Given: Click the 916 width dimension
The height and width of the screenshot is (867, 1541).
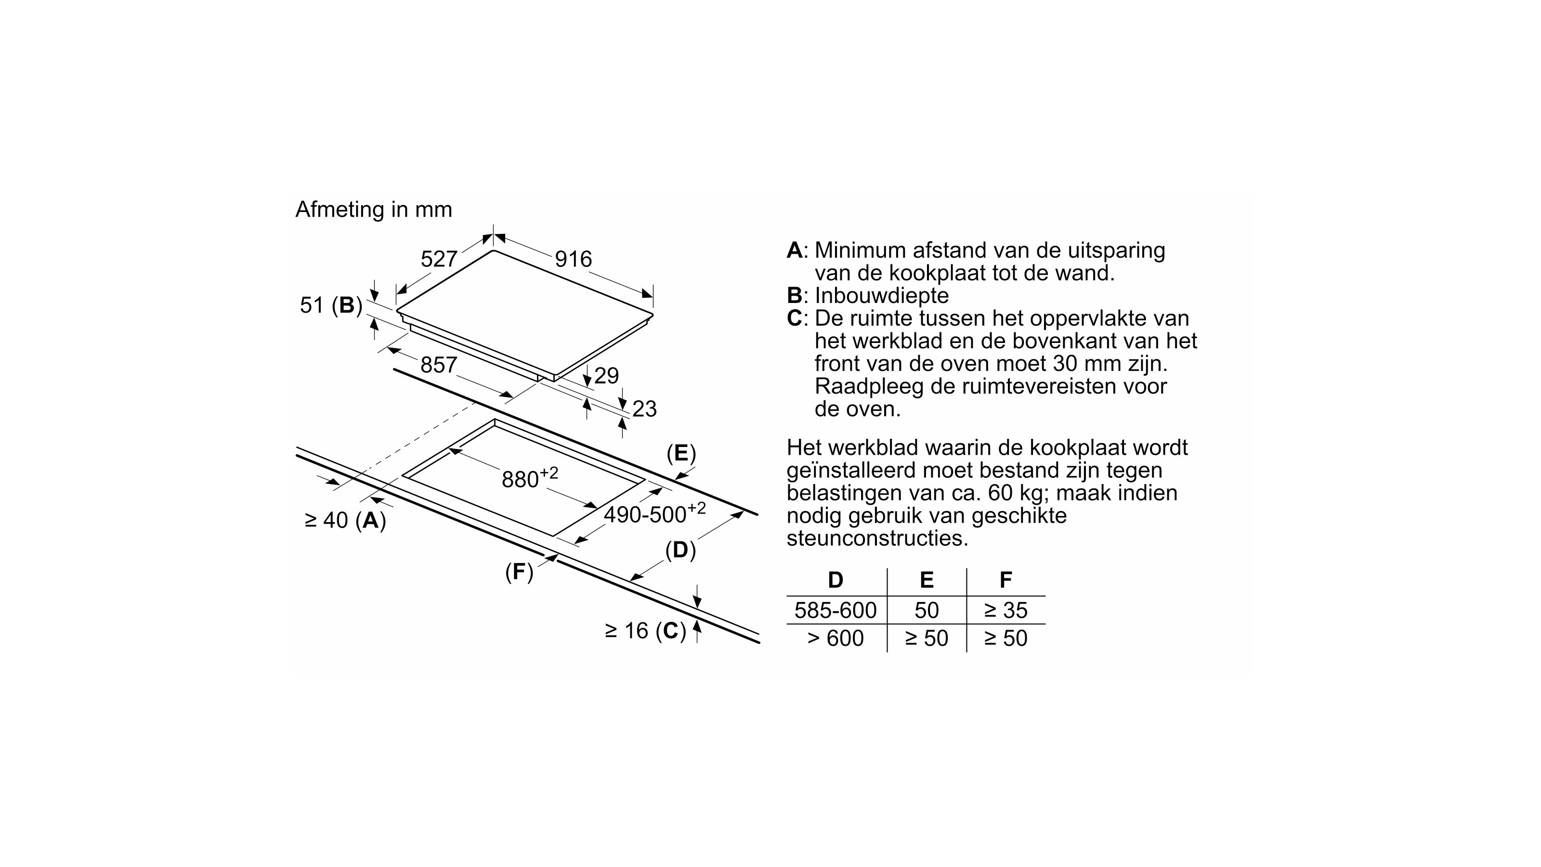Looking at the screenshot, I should tap(573, 259).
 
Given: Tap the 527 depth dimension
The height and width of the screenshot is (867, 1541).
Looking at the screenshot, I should tap(439, 259).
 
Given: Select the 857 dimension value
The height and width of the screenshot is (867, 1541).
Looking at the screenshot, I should tap(439, 365).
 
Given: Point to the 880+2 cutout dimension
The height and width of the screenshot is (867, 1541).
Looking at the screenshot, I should tap(529, 479).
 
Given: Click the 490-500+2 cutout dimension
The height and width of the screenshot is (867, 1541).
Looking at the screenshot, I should tap(654, 513).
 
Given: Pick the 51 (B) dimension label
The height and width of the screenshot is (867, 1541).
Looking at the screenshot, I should tap(331, 305).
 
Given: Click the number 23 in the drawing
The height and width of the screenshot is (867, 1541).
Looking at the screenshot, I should tap(644, 408).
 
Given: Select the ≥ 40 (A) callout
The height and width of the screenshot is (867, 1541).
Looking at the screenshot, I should tap(345, 520).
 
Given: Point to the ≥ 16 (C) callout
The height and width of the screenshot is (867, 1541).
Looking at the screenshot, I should tap(645, 630).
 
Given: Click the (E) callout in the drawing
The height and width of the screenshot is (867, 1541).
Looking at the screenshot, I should tap(681, 454).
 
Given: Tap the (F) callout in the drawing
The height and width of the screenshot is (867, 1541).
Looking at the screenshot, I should tap(519, 572).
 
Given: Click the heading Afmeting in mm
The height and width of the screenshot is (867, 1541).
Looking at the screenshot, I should tap(373, 210).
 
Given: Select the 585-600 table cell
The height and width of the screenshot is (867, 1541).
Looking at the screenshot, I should tap(835, 610).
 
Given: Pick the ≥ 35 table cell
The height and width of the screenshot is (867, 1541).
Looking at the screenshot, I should tap(1006, 610).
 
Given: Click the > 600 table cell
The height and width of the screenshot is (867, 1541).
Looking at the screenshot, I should tap(835, 638).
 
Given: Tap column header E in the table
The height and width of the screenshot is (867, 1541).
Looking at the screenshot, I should tap(926, 580).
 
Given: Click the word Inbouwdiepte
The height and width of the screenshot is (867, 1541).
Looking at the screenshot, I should tap(881, 296).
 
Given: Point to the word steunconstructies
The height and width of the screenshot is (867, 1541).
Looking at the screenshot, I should tap(877, 538).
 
